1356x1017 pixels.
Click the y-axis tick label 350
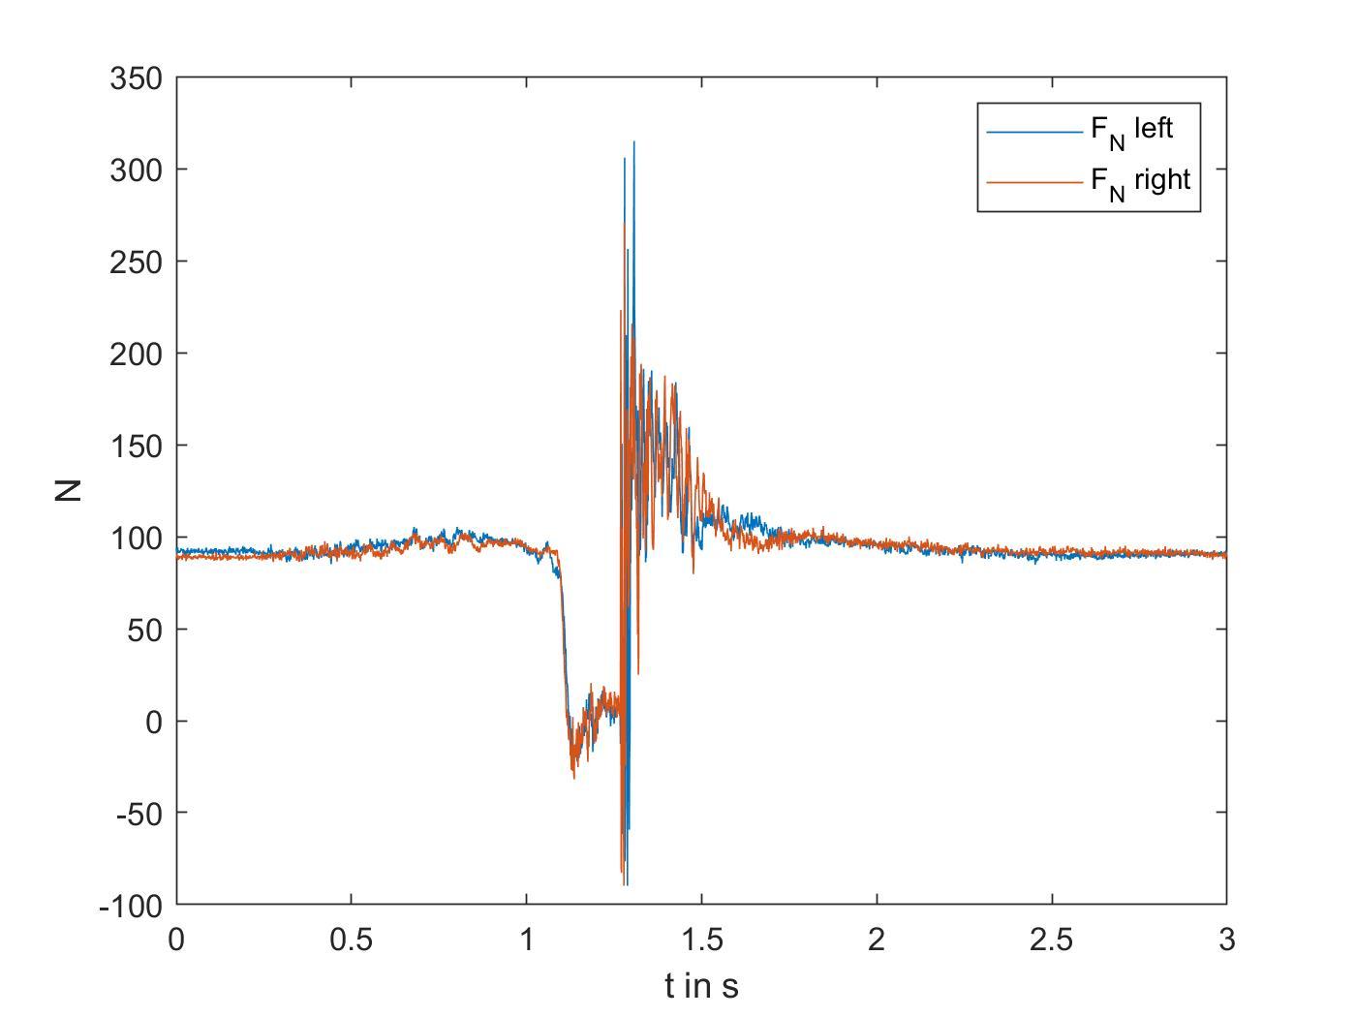136,78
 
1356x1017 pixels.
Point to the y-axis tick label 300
136,169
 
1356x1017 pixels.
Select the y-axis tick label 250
136,262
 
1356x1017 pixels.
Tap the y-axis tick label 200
136,354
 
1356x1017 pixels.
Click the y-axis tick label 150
136,446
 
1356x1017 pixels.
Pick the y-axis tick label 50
143,630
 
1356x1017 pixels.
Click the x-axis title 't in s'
701,986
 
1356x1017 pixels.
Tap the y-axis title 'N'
68,490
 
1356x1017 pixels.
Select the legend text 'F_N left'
1131,130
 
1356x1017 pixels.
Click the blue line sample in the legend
1034,131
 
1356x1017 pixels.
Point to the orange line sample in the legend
1034,181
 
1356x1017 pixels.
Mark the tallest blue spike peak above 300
633,142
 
